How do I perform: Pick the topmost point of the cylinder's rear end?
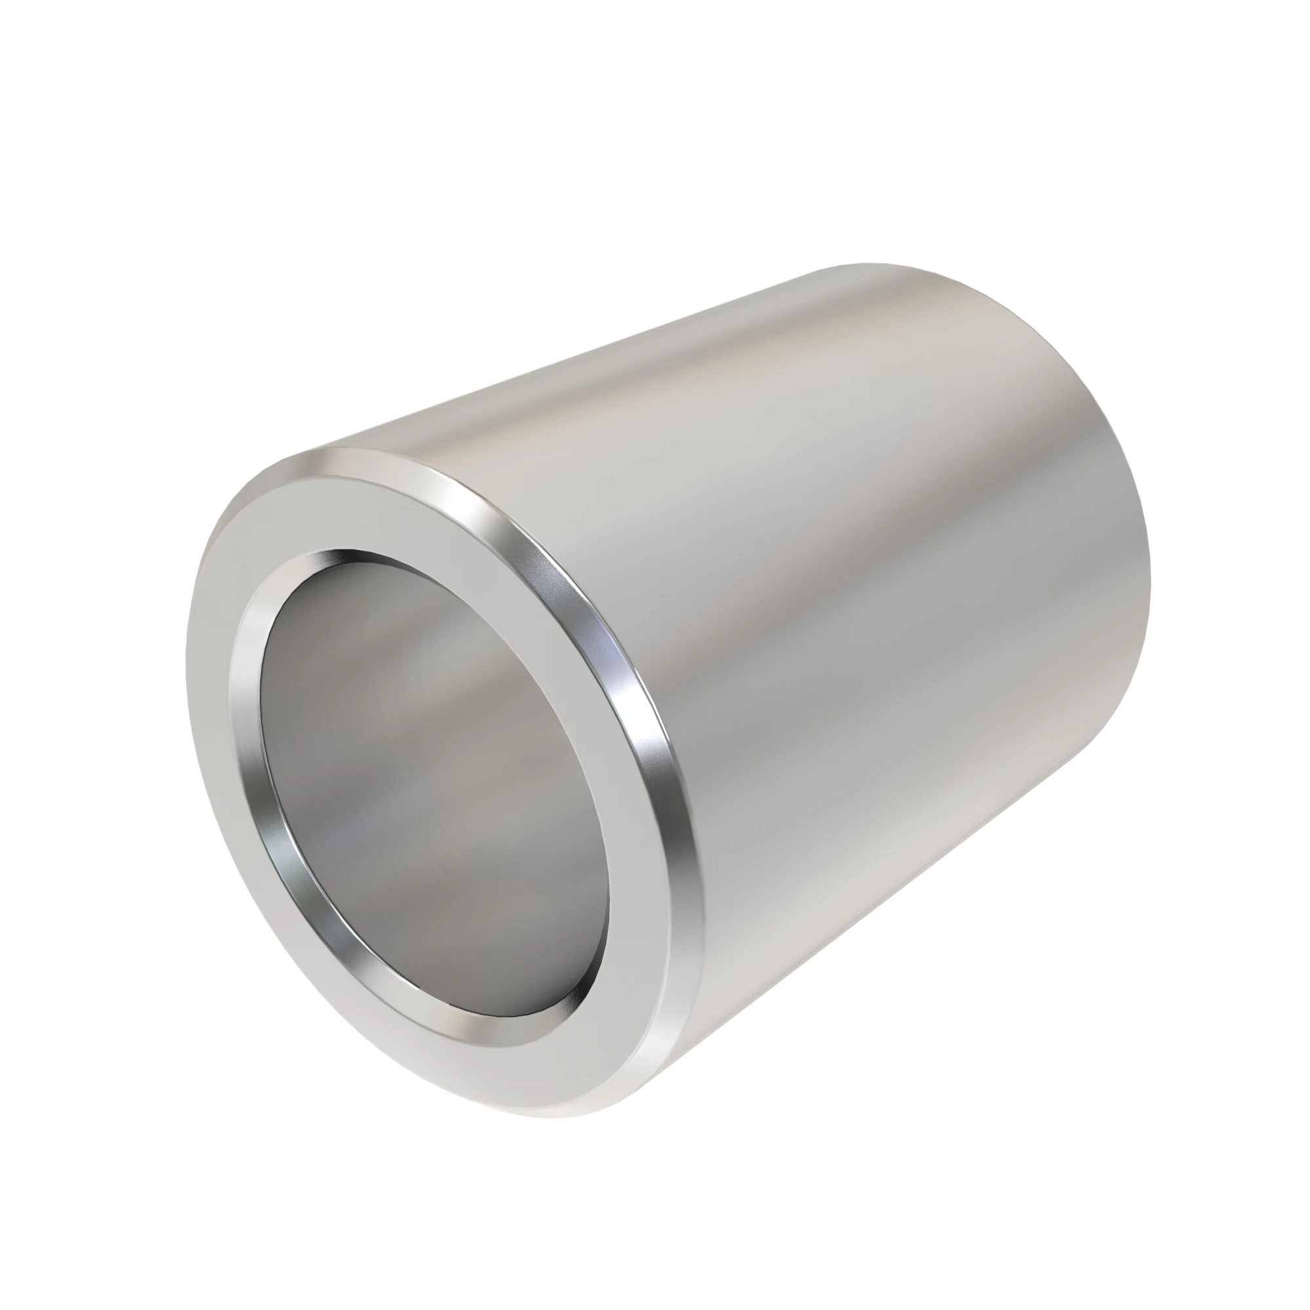tap(874, 265)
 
